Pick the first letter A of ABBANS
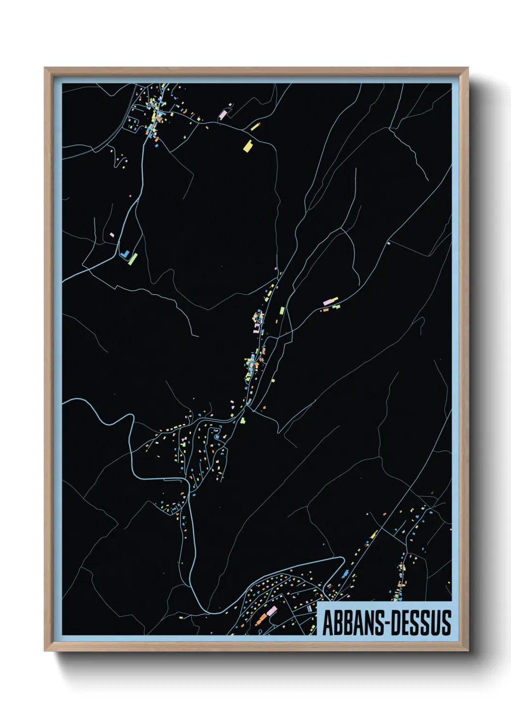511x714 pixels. pos(327,623)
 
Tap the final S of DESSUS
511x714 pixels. pos(447,623)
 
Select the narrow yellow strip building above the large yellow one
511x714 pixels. pos(255,127)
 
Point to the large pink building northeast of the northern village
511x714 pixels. pos(223,114)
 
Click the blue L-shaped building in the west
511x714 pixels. pos(125,254)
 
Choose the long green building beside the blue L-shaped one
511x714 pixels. pos(134,258)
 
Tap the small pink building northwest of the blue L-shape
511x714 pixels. pos(112,235)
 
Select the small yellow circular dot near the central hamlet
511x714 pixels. pos(273,380)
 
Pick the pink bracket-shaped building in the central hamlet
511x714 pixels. pos(256,328)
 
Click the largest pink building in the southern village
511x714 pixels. pos(271,611)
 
